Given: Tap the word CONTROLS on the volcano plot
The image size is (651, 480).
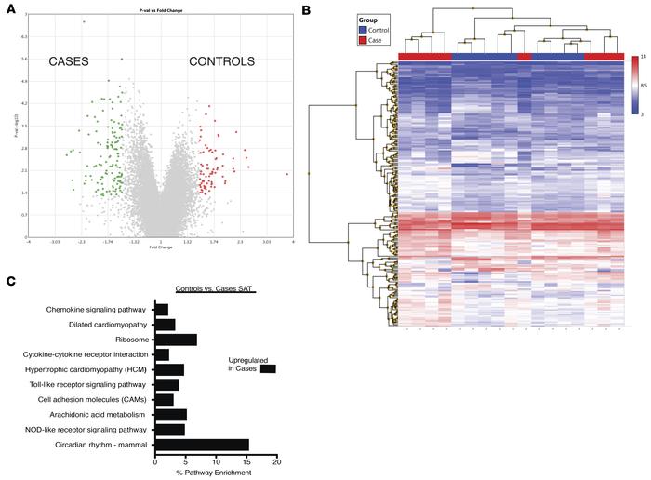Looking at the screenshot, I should (x=221, y=62).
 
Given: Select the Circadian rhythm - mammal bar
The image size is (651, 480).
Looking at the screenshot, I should (x=202, y=445).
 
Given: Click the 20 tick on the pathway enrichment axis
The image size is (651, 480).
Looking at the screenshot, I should (x=275, y=462).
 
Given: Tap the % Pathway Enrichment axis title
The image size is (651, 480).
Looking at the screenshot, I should (x=215, y=474).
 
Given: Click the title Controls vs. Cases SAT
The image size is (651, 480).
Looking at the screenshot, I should (x=215, y=291).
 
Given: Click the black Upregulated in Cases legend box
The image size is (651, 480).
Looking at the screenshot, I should (x=268, y=369).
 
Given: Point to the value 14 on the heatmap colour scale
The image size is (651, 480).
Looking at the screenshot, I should (x=642, y=58).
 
